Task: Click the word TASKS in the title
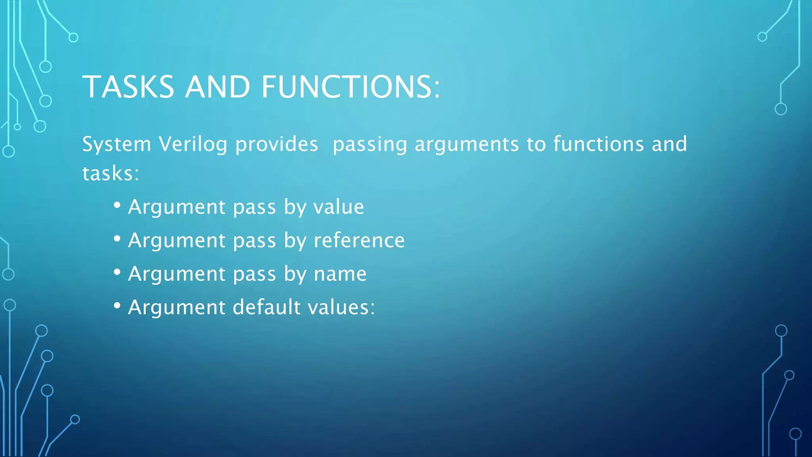coord(128,87)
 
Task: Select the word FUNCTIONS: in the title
coord(350,87)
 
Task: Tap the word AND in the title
coord(217,87)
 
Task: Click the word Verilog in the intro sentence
coord(193,144)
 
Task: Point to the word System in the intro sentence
coord(117,144)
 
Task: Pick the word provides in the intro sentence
coord(277,144)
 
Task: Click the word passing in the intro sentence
coord(370,145)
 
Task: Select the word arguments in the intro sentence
coord(467,145)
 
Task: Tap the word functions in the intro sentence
coord(598,144)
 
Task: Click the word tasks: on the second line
coord(111,173)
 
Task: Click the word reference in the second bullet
coord(359,240)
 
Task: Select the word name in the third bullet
coord(340,274)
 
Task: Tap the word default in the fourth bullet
coord(266,307)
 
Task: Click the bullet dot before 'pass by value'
coord(117,205)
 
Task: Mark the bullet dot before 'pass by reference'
coord(117,238)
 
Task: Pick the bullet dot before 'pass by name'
coord(117,272)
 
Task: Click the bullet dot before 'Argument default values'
coord(117,305)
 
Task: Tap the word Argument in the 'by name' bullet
coord(177,274)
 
